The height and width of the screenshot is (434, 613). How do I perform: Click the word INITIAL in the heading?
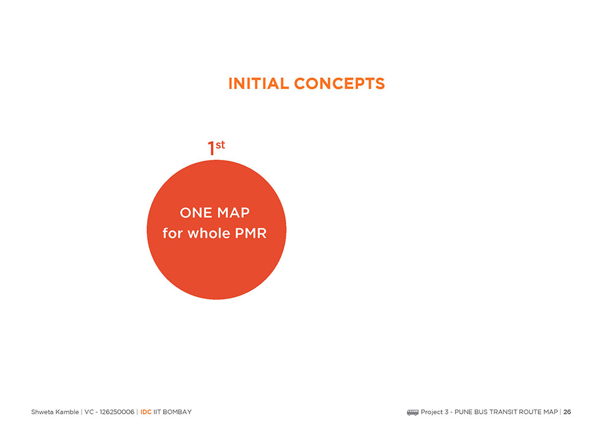259,83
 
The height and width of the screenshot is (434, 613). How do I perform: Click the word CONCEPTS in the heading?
340,83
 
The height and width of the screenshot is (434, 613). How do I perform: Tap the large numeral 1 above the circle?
211,149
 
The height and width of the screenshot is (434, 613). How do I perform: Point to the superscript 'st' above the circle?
221,145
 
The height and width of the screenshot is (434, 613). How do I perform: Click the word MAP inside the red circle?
234,212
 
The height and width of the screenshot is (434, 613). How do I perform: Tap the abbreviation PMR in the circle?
251,233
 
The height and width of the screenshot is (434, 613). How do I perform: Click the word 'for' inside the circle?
172,233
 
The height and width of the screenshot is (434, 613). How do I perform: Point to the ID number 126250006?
117,412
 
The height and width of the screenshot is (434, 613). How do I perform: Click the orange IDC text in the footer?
146,412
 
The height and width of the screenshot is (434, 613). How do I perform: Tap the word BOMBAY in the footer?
177,412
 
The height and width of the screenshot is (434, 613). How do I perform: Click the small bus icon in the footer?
413,412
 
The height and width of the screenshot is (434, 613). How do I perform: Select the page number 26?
567,412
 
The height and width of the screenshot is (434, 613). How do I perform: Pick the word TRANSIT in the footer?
503,412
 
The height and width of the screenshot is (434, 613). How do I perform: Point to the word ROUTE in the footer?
530,412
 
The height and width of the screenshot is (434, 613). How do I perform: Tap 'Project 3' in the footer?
435,412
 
